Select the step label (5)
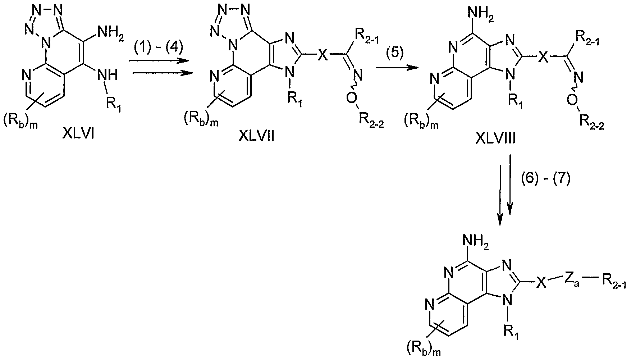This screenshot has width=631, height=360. coord(394,53)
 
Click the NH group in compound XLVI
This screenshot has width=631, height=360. coord(108,75)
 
